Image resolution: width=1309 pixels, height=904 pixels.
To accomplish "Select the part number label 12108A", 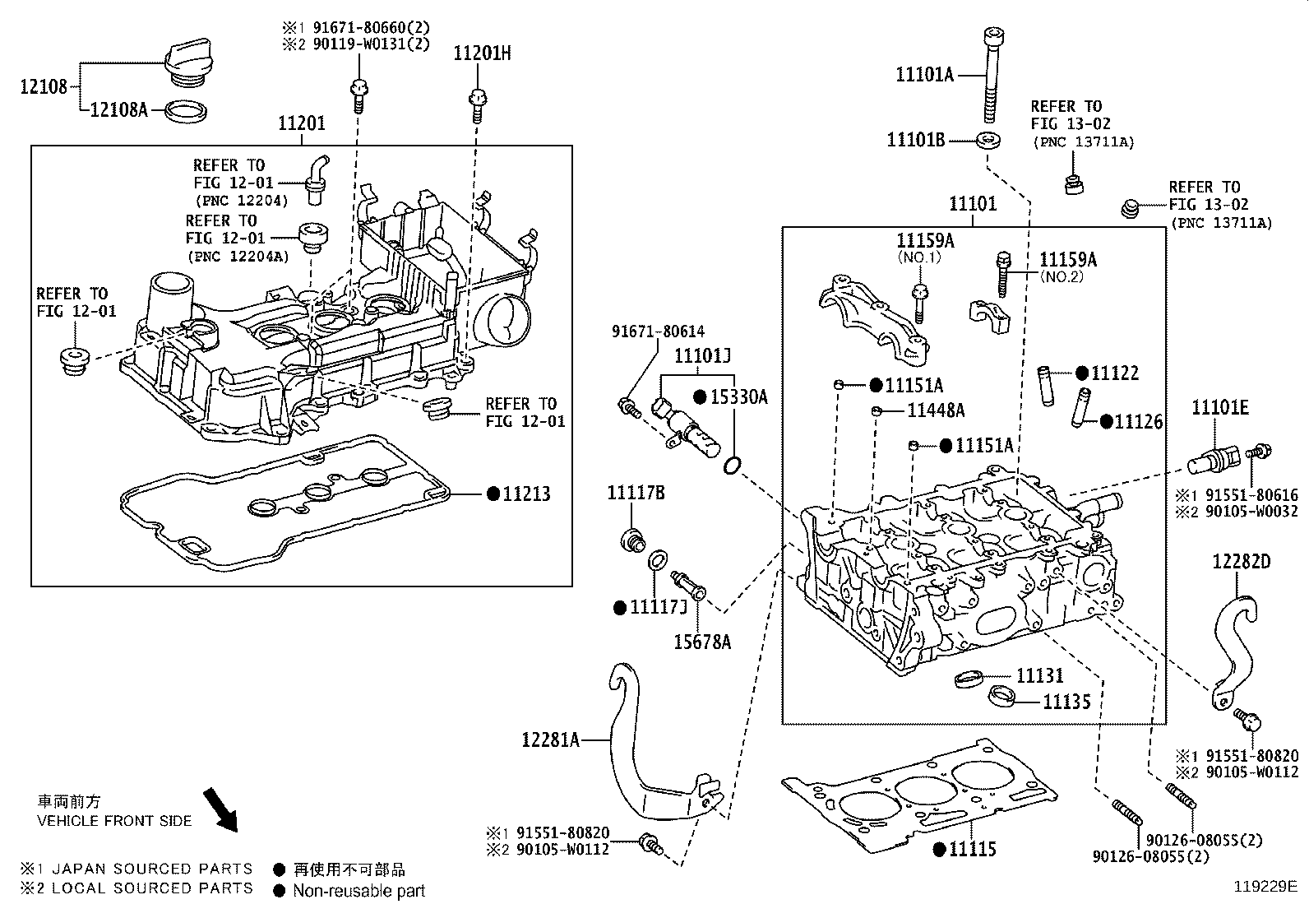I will tap(118, 109).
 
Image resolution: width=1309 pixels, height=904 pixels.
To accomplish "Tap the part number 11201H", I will tap(482, 53).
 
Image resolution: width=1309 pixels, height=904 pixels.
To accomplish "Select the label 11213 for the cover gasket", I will tap(526, 494).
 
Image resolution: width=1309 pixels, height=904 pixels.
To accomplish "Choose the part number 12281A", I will tap(550, 739).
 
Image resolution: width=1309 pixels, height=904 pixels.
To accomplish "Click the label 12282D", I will tap(1241, 562).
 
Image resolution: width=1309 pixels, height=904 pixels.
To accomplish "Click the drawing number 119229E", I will tap(1264, 887).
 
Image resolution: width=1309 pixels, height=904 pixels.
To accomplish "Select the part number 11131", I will tap(1039, 675).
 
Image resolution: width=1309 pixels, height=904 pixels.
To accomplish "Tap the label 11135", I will tap(1066, 702).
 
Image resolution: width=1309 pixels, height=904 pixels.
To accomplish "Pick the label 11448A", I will tap(936, 410).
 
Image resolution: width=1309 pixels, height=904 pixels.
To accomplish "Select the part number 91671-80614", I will tap(658, 331).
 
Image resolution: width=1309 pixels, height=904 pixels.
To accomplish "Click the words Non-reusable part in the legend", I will tap(359, 890).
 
